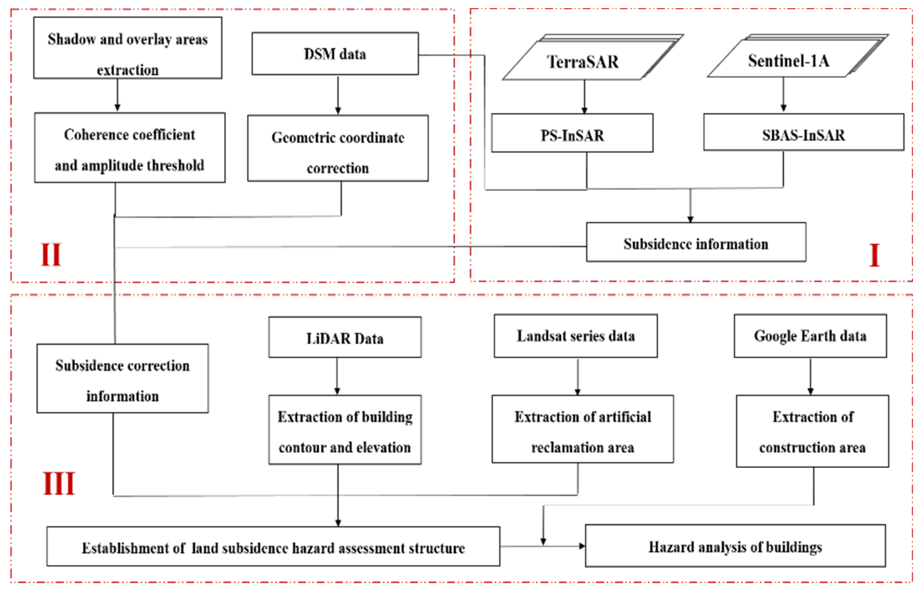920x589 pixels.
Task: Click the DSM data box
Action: point(335,54)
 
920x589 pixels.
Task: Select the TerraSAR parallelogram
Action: point(583,61)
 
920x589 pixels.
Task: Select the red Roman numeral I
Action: point(874,255)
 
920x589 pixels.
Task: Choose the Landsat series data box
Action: point(575,336)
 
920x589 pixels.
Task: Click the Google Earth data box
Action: point(810,336)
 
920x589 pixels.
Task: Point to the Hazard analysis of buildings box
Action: point(735,547)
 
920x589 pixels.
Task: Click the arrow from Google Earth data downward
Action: point(810,376)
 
